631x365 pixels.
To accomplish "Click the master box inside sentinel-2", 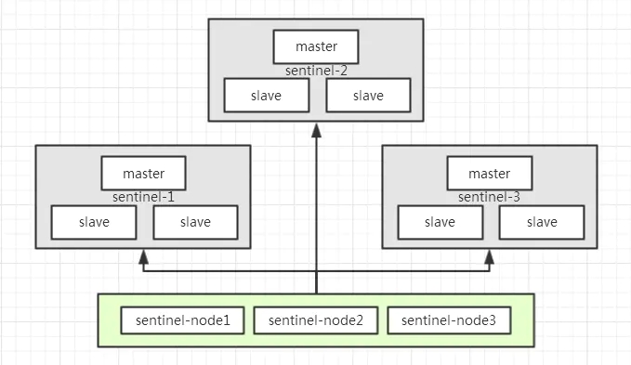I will point(316,46).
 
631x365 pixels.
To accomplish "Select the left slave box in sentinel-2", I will point(266,95).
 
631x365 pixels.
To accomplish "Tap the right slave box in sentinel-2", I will point(368,95).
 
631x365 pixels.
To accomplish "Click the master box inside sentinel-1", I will point(143,173).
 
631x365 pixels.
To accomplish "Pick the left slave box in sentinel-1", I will point(93,222).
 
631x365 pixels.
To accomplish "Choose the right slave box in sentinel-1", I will point(195,222).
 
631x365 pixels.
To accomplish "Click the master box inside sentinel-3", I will point(490,173).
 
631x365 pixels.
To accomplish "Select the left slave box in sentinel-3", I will point(440,222).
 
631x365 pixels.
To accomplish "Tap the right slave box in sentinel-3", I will point(542,222).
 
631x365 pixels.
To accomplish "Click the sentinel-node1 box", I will point(182,320).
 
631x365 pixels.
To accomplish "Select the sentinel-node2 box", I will point(316,320).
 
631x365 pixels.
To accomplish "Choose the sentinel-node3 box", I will point(449,320).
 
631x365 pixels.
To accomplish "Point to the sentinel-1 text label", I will point(143,197).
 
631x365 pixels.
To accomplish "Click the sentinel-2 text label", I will point(316,71).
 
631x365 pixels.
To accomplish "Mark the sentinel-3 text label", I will point(490,197).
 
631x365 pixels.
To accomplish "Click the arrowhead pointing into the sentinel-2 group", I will point(316,128).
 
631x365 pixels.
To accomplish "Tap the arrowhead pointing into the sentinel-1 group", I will point(143,254).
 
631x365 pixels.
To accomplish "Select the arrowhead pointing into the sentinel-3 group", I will point(490,254).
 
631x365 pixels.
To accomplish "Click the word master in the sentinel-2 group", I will point(316,46).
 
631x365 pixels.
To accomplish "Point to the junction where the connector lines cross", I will point(316,270).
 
